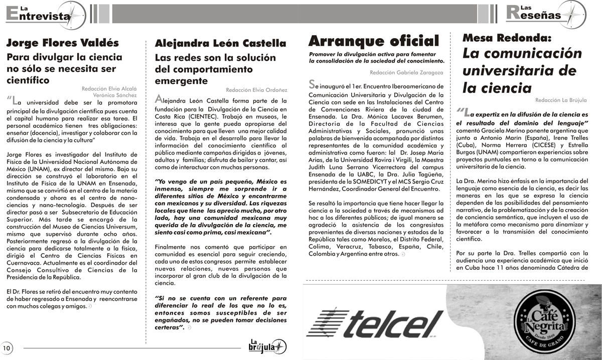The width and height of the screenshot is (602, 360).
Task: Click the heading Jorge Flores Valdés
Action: tap(63, 43)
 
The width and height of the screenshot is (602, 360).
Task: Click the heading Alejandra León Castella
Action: tap(221, 43)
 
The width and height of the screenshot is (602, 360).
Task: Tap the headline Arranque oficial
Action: tap(374, 41)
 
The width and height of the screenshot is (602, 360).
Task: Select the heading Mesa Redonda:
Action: tap(507, 38)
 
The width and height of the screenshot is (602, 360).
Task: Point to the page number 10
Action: tap(7, 347)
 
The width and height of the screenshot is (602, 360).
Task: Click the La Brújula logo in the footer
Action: tap(267, 346)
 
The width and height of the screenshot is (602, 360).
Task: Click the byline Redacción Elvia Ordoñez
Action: tap(256, 90)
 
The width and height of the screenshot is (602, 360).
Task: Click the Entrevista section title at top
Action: tap(38, 15)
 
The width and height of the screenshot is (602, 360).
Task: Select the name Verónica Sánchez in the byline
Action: tap(115, 95)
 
